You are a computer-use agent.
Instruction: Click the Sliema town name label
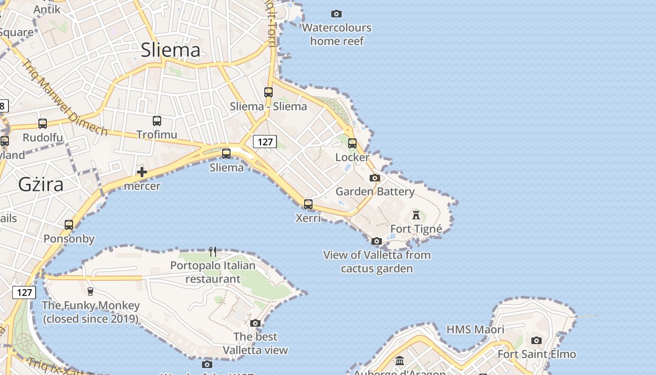point(171,50)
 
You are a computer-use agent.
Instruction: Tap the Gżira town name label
point(41,185)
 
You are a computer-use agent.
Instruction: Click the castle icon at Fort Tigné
point(416,215)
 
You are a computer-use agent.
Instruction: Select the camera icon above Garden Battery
point(375,178)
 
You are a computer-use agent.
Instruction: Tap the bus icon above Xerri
point(308,204)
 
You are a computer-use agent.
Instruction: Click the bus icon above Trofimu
point(157,120)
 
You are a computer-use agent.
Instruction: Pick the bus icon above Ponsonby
point(69,225)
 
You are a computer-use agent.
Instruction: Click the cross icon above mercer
point(142,172)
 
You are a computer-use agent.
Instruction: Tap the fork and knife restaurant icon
point(213,252)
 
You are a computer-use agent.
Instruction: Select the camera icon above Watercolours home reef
point(336,14)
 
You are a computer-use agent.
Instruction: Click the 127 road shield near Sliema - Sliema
point(265,142)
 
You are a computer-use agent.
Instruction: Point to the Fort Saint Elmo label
point(537,354)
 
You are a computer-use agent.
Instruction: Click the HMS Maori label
point(475,330)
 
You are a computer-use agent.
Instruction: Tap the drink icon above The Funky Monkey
point(90,292)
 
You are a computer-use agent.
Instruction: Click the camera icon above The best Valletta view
point(255,323)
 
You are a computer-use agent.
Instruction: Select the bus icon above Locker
point(352,143)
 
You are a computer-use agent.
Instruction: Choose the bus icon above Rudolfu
point(43,123)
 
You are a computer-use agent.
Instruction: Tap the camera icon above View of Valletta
point(377,241)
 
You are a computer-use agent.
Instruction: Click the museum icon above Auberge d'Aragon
point(400,361)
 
